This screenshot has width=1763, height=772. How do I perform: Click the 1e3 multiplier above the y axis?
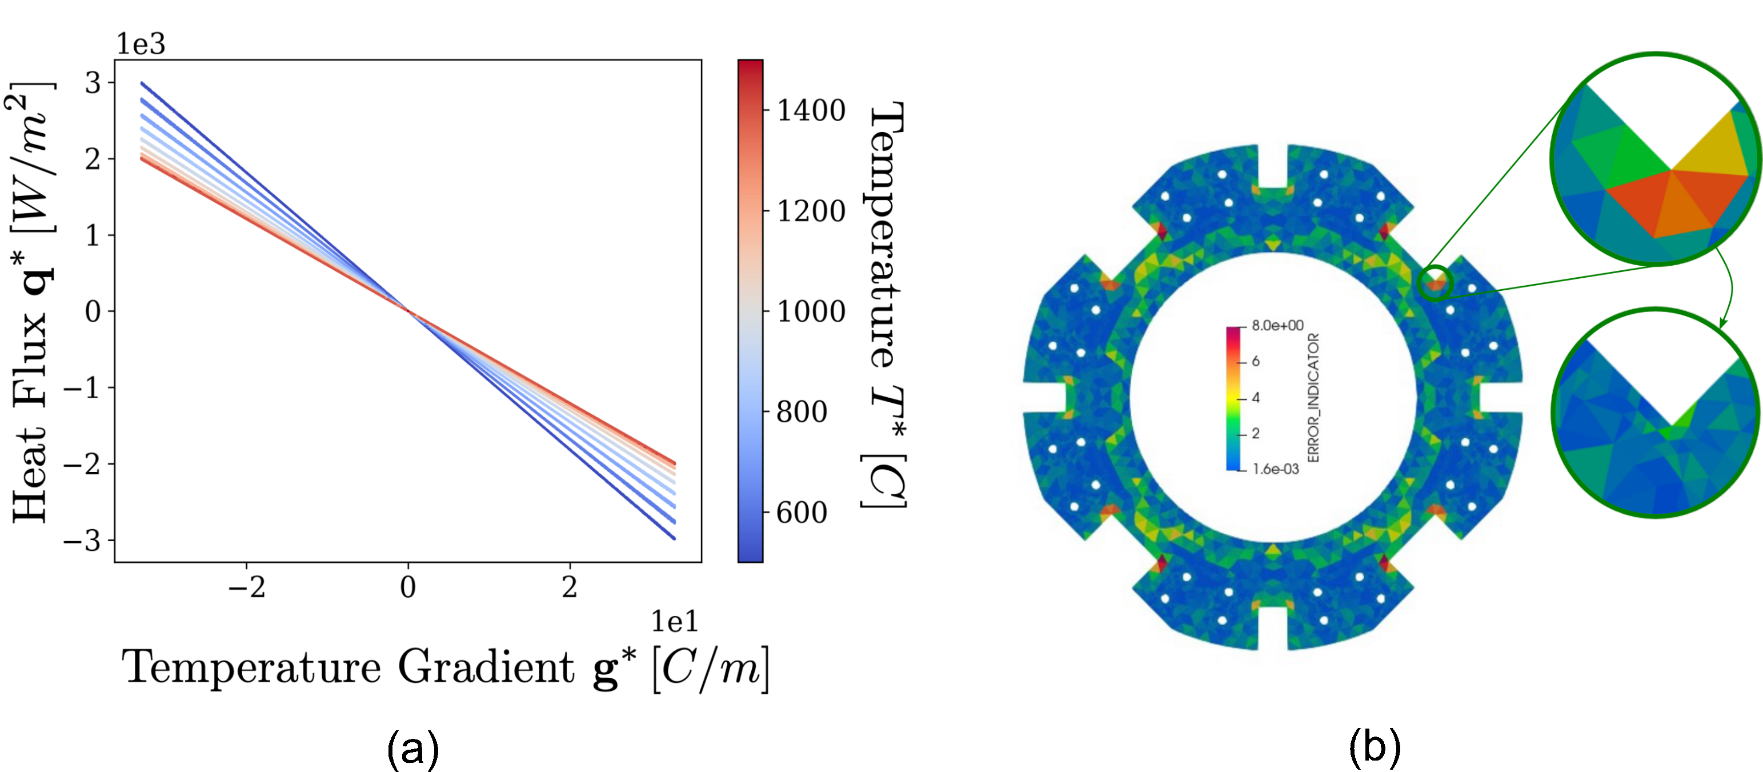point(141,44)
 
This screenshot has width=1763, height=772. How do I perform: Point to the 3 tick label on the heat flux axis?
point(93,83)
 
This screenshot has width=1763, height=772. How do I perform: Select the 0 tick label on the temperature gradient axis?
point(408,587)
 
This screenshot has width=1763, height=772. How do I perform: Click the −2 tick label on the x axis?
point(246,587)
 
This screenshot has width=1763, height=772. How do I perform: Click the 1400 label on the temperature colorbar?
point(811,110)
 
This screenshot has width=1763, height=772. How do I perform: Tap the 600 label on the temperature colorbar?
point(802,513)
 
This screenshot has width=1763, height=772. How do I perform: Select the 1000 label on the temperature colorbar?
point(811,311)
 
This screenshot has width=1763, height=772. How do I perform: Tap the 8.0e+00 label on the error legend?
point(1277,326)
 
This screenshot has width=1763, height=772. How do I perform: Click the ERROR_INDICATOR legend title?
point(1313,397)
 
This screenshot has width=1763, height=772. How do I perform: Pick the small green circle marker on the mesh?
point(1435,283)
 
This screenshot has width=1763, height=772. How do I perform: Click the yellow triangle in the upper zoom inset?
point(1711,150)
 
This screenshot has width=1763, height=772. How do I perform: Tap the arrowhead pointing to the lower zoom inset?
point(1722,322)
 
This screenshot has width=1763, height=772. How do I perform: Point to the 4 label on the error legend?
point(1255,398)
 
